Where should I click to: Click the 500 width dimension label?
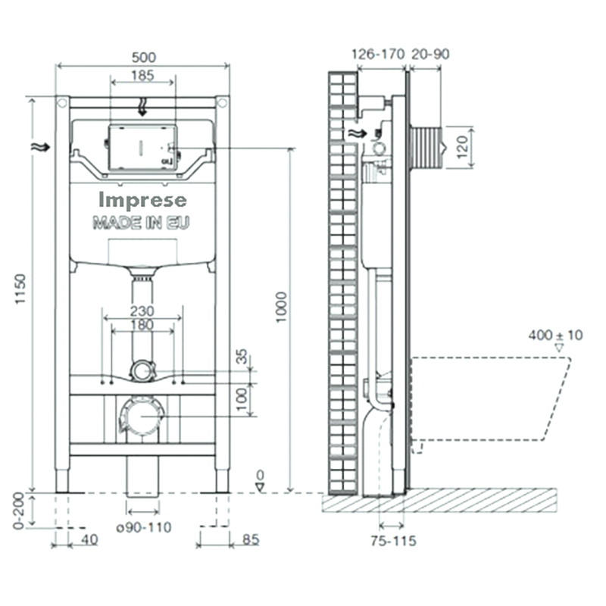coord(144,58)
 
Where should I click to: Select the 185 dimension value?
coord(142,75)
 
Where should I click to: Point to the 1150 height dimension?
coord(20,289)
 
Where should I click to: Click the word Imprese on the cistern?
coord(142,201)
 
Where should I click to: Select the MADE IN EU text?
coord(141,223)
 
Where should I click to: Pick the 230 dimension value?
coord(142,311)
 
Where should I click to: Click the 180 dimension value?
coord(142,325)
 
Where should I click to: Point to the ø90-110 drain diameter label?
coord(144,527)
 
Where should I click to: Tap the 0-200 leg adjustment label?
coord(19,511)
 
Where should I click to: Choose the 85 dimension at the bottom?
coord(251,540)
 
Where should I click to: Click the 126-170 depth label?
coord(377,54)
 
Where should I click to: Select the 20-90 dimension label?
coord(430,54)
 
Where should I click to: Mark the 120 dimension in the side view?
coord(462,146)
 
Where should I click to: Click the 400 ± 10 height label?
coord(555,335)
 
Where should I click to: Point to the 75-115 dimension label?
coord(393,541)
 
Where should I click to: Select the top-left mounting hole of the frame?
coord(62,103)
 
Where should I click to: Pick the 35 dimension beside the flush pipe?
coord(241,356)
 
